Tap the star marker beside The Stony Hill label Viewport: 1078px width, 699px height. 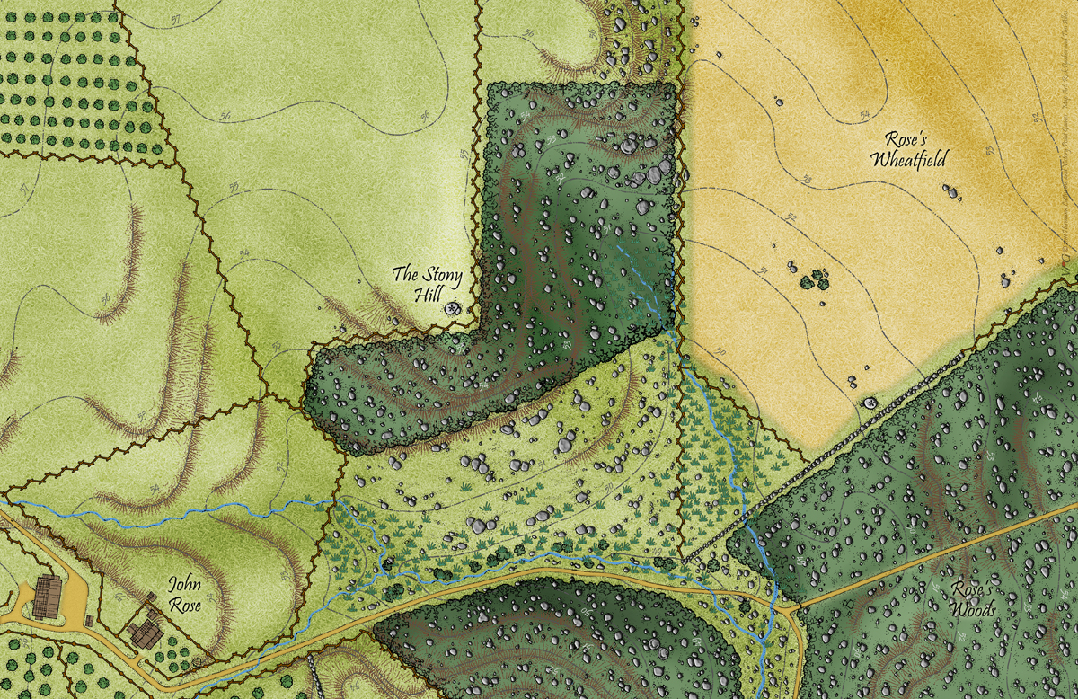[x=453, y=308]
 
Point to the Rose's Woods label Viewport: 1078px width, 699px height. [x=973, y=600]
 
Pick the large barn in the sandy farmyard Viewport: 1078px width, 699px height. [x=47, y=597]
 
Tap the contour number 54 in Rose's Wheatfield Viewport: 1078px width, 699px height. [x=864, y=114]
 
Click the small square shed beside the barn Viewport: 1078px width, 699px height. [x=89, y=621]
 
